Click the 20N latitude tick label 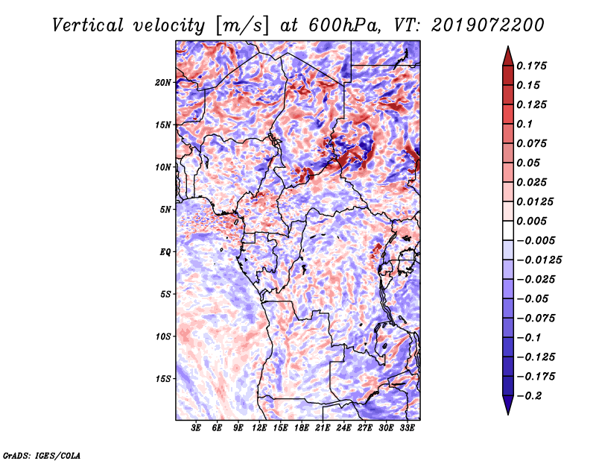point(163,83)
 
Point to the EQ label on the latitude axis point(165,252)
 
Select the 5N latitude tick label point(165,210)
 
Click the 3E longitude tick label point(196,427)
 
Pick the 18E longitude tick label point(302,427)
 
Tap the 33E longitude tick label point(407,427)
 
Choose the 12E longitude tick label point(259,427)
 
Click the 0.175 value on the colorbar point(531,66)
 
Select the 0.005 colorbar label point(531,221)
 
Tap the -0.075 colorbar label point(536,319)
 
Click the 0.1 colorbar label point(524,124)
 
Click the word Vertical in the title point(88,25)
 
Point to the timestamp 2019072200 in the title point(488,25)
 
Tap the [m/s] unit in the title point(242,26)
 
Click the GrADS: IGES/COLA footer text point(42,456)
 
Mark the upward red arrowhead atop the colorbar point(508,56)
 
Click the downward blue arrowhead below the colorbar point(508,405)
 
